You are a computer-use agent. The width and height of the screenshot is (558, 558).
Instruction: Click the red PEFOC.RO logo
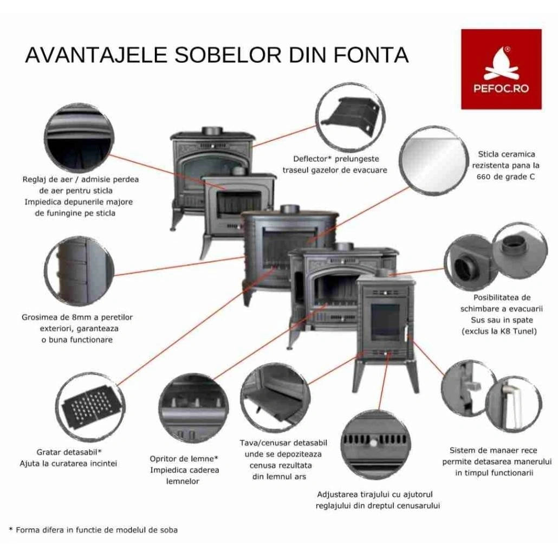click(501, 69)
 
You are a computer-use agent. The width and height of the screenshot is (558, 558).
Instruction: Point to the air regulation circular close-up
click(79, 135)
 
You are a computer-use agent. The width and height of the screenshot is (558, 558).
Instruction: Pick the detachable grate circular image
click(88, 406)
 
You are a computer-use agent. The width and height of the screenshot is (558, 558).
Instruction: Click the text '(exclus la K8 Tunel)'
click(499, 331)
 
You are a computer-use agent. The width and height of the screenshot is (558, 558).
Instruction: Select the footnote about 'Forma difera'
click(93, 529)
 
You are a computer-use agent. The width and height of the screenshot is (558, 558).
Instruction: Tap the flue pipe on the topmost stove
click(211, 131)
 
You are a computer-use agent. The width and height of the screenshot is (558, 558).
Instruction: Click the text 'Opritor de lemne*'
click(184, 459)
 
